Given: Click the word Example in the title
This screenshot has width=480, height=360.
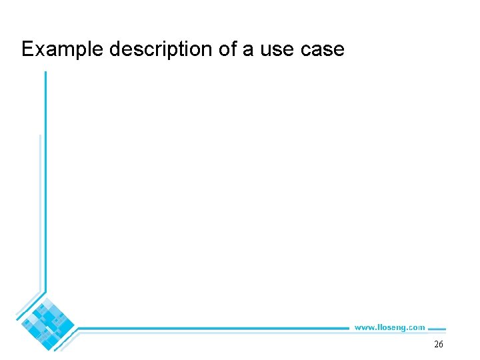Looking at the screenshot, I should pyautogui.click(x=60, y=49).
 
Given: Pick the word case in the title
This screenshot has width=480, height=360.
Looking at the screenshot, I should pyautogui.click(x=325, y=50).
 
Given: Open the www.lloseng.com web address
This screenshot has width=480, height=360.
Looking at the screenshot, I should pyautogui.click(x=389, y=327).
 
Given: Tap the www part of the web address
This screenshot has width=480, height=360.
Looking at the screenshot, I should pyautogui.click(x=364, y=327).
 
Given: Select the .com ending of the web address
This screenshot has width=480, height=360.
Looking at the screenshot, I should pyautogui.click(x=416, y=327).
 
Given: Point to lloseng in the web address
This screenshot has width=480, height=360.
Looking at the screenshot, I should pyautogui.click(x=390, y=327).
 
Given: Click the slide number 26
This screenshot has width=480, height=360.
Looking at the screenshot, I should pyautogui.click(x=439, y=345).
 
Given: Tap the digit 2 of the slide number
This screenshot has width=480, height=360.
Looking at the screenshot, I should pyautogui.click(x=436, y=345).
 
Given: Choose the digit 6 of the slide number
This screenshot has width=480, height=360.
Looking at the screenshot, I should pyautogui.click(x=441, y=345).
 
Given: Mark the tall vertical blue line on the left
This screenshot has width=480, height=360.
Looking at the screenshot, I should pyautogui.click(x=45, y=187).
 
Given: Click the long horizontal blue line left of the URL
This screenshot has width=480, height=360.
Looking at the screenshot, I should pyautogui.click(x=213, y=328).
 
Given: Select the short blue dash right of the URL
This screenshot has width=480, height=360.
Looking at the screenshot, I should pyautogui.click(x=436, y=328).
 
